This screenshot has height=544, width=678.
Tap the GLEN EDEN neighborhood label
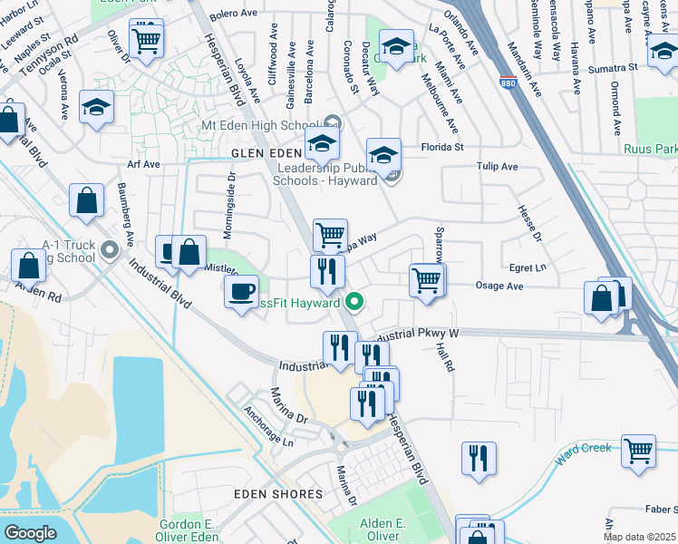[265, 153]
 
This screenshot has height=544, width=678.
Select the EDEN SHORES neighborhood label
[278, 494]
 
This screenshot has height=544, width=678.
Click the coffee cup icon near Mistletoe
[241, 292]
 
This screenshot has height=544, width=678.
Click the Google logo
[30, 533]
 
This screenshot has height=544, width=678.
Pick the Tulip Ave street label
[497, 167]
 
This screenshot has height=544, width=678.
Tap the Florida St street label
[441, 146]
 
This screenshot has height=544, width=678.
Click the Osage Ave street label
[500, 286]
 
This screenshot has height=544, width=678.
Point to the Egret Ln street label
[528, 267]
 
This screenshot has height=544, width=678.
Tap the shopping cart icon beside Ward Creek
[639, 451]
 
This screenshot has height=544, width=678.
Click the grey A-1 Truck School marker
[111, 249]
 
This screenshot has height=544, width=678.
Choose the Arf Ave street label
[143, 164]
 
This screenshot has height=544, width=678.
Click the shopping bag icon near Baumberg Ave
[87, 203]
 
